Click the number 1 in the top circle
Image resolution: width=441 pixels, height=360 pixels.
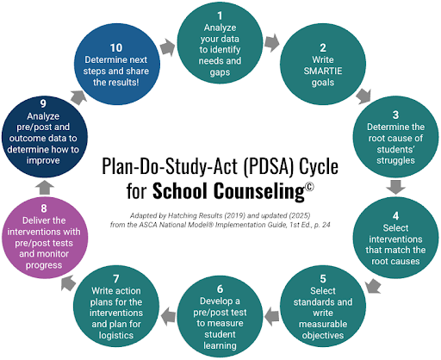(x=220, y=16)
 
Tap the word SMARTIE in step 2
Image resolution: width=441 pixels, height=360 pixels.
(x=323, y=71)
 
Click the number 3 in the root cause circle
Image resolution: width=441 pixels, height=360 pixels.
(x=395, y=115)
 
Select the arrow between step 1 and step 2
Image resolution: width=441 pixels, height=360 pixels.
(x=271, y=42)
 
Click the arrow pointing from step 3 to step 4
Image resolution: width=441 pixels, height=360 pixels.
(x=395, y=187)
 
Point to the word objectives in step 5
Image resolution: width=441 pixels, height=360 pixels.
(x=323, y=335)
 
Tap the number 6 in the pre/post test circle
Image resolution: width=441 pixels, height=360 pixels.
(x=220, y=289)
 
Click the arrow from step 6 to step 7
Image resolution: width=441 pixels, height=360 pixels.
(x=169, y=316)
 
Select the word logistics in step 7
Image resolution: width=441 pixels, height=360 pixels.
(x=116, y=335)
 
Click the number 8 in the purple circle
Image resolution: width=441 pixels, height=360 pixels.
(x=44, y=208)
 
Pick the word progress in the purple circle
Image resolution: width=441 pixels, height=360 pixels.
(x=44, y=265)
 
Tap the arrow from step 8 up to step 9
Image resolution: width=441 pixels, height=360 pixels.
(x=45, y=188)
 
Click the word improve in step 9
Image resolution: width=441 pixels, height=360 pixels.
(x=43, y=160)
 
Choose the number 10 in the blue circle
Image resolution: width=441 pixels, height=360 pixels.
(x=116, y=48)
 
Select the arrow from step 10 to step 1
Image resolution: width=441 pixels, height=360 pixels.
(x=168, y=47)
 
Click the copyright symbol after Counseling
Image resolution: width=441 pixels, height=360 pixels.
(x=309, y=187)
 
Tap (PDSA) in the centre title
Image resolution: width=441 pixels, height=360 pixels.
(x=269, y=166)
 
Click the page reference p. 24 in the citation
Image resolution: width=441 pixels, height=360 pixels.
(x=322, y=225)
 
